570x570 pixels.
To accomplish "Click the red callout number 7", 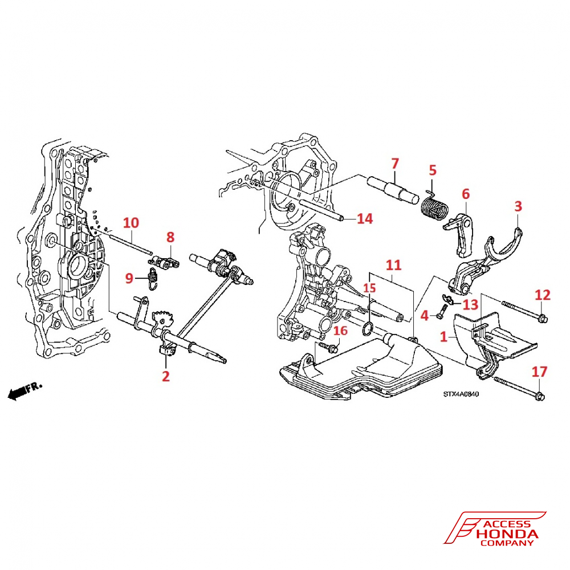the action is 395,164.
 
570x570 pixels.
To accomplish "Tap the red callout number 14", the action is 365,218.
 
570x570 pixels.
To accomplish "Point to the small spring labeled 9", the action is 153,279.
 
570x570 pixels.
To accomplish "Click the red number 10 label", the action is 131,222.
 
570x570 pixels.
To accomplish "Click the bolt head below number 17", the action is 539,396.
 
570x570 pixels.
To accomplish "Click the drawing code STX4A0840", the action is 461,394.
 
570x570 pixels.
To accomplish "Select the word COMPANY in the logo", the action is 507,543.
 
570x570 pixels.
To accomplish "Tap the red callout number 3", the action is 518,206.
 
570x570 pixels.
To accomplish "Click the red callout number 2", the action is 166,376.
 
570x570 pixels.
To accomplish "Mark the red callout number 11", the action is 393,265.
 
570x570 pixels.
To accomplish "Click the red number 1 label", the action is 443,337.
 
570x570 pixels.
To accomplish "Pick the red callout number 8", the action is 170,237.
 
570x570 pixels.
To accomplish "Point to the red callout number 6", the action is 466,194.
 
